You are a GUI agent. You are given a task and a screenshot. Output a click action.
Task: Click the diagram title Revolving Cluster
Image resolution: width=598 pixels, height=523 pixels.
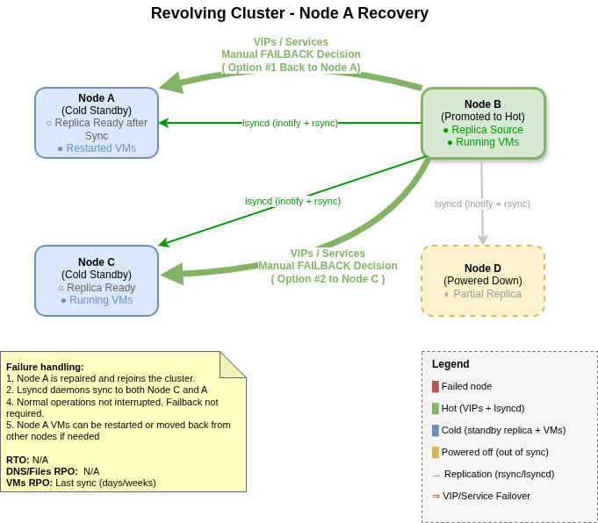[289, 13]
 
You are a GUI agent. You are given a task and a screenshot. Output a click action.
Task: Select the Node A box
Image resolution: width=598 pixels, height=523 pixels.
[97, 123]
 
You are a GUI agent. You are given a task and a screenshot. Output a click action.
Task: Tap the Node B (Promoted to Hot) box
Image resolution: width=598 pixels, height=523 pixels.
[483, 123]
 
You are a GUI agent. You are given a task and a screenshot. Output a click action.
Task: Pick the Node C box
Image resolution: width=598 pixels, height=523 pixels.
[97, 281]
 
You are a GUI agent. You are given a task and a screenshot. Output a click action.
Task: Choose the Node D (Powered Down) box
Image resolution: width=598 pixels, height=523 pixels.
[483, 281]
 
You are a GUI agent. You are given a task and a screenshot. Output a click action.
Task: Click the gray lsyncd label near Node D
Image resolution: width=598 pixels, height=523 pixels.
[482, 204]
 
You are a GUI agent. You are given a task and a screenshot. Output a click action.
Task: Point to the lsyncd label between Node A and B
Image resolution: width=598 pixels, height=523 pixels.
[290, 123]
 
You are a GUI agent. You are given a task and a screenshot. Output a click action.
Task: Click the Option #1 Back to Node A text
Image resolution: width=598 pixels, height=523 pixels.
[291, 68]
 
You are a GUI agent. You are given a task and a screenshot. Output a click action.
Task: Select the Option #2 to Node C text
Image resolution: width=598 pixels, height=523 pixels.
[328, 279]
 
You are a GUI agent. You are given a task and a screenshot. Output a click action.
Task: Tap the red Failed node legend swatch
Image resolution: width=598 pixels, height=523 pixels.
[436, 386]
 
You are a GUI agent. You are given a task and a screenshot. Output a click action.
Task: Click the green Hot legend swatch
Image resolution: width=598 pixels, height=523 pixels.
[436, 408]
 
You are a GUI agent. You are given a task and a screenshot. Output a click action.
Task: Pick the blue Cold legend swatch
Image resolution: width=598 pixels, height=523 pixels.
[436, 430]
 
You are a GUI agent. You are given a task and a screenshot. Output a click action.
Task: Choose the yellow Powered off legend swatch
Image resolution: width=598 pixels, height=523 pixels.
[436, 452]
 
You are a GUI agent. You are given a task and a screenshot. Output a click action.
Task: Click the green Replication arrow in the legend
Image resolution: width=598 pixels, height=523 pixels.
[436, 475]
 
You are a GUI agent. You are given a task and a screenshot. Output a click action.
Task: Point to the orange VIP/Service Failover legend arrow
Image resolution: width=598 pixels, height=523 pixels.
[436, 496]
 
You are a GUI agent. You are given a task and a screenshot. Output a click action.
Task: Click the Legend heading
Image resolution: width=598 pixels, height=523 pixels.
[450, 364]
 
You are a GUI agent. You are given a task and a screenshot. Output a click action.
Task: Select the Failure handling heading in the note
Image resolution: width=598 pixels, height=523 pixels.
[45, 367]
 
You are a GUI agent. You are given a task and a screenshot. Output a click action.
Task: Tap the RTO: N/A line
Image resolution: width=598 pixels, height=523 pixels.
[27, 460]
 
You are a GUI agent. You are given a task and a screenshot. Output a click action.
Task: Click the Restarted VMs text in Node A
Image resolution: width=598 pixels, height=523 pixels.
[97, 148]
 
